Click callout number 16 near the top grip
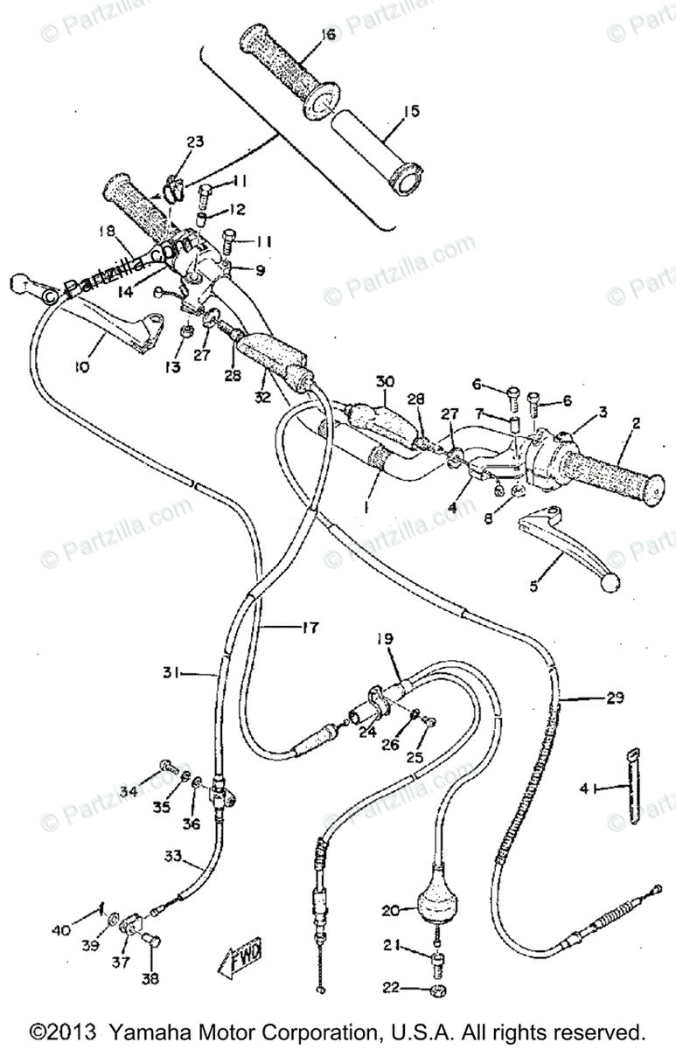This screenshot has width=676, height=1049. (x=328, y=35)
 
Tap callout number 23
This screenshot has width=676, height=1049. (x=194, y=142)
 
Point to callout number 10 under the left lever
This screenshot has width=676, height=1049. (x=81, y=368)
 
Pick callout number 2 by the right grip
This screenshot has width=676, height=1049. (x=636, y=423)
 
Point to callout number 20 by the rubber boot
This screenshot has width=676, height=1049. (x=391, y=910)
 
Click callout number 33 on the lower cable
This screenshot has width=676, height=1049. (x=171, y=857)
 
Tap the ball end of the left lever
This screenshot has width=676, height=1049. (x=22, y=283)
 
